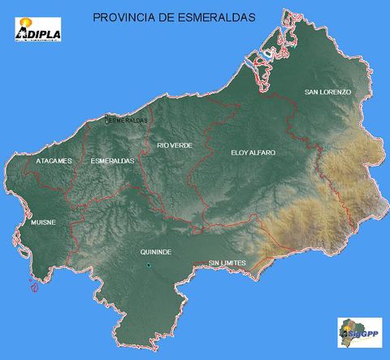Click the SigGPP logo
(359, 332)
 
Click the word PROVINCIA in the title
(123, 16)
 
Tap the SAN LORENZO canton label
(327, 93)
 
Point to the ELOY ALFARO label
(253, 153)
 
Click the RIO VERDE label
(175, 145)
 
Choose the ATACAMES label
(54, 161)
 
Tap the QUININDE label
(155, 253)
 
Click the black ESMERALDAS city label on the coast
(128, 120)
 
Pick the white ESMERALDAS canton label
(112, 161)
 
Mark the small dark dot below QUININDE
(149, 266)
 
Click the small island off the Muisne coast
(33, 285)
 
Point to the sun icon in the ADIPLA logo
(26, 23)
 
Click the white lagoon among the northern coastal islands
(263, 55)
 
